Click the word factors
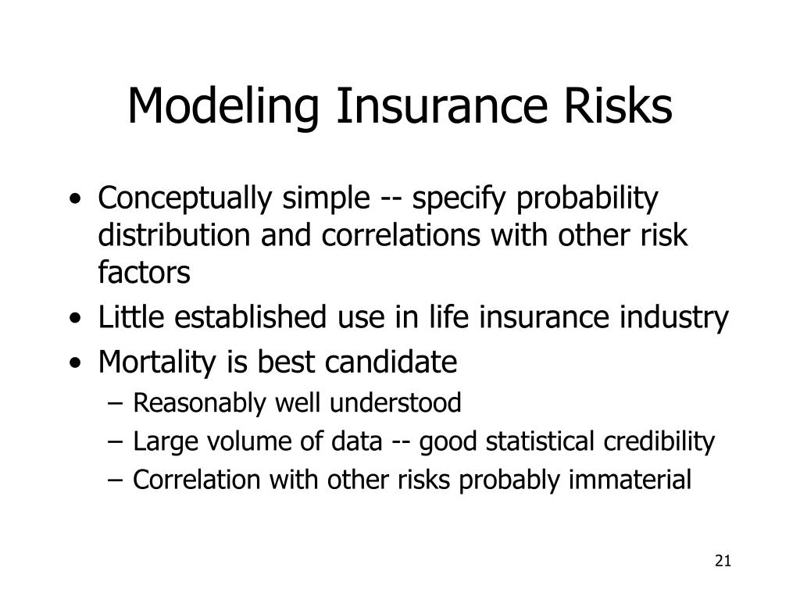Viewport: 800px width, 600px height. click(x=144, y=272)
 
